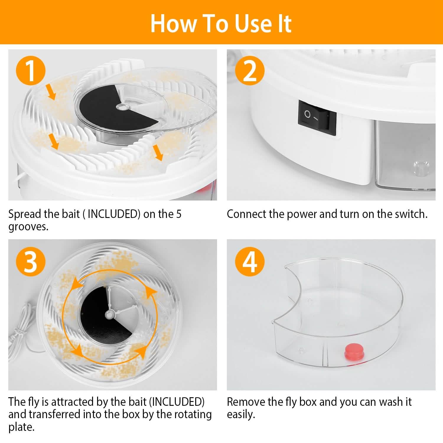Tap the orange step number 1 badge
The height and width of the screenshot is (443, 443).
coord(30,71)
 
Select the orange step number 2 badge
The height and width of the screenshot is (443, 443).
coord(250,71)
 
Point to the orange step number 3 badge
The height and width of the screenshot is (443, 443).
coord(30,261)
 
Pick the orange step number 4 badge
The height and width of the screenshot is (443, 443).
coord(250,261)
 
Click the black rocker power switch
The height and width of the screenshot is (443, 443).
coord(317,118)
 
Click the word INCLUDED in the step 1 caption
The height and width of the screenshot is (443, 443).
coord(113,214)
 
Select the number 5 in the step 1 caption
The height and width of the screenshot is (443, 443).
coord(179,214)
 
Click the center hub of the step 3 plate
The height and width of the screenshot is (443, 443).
coord(110,315)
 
